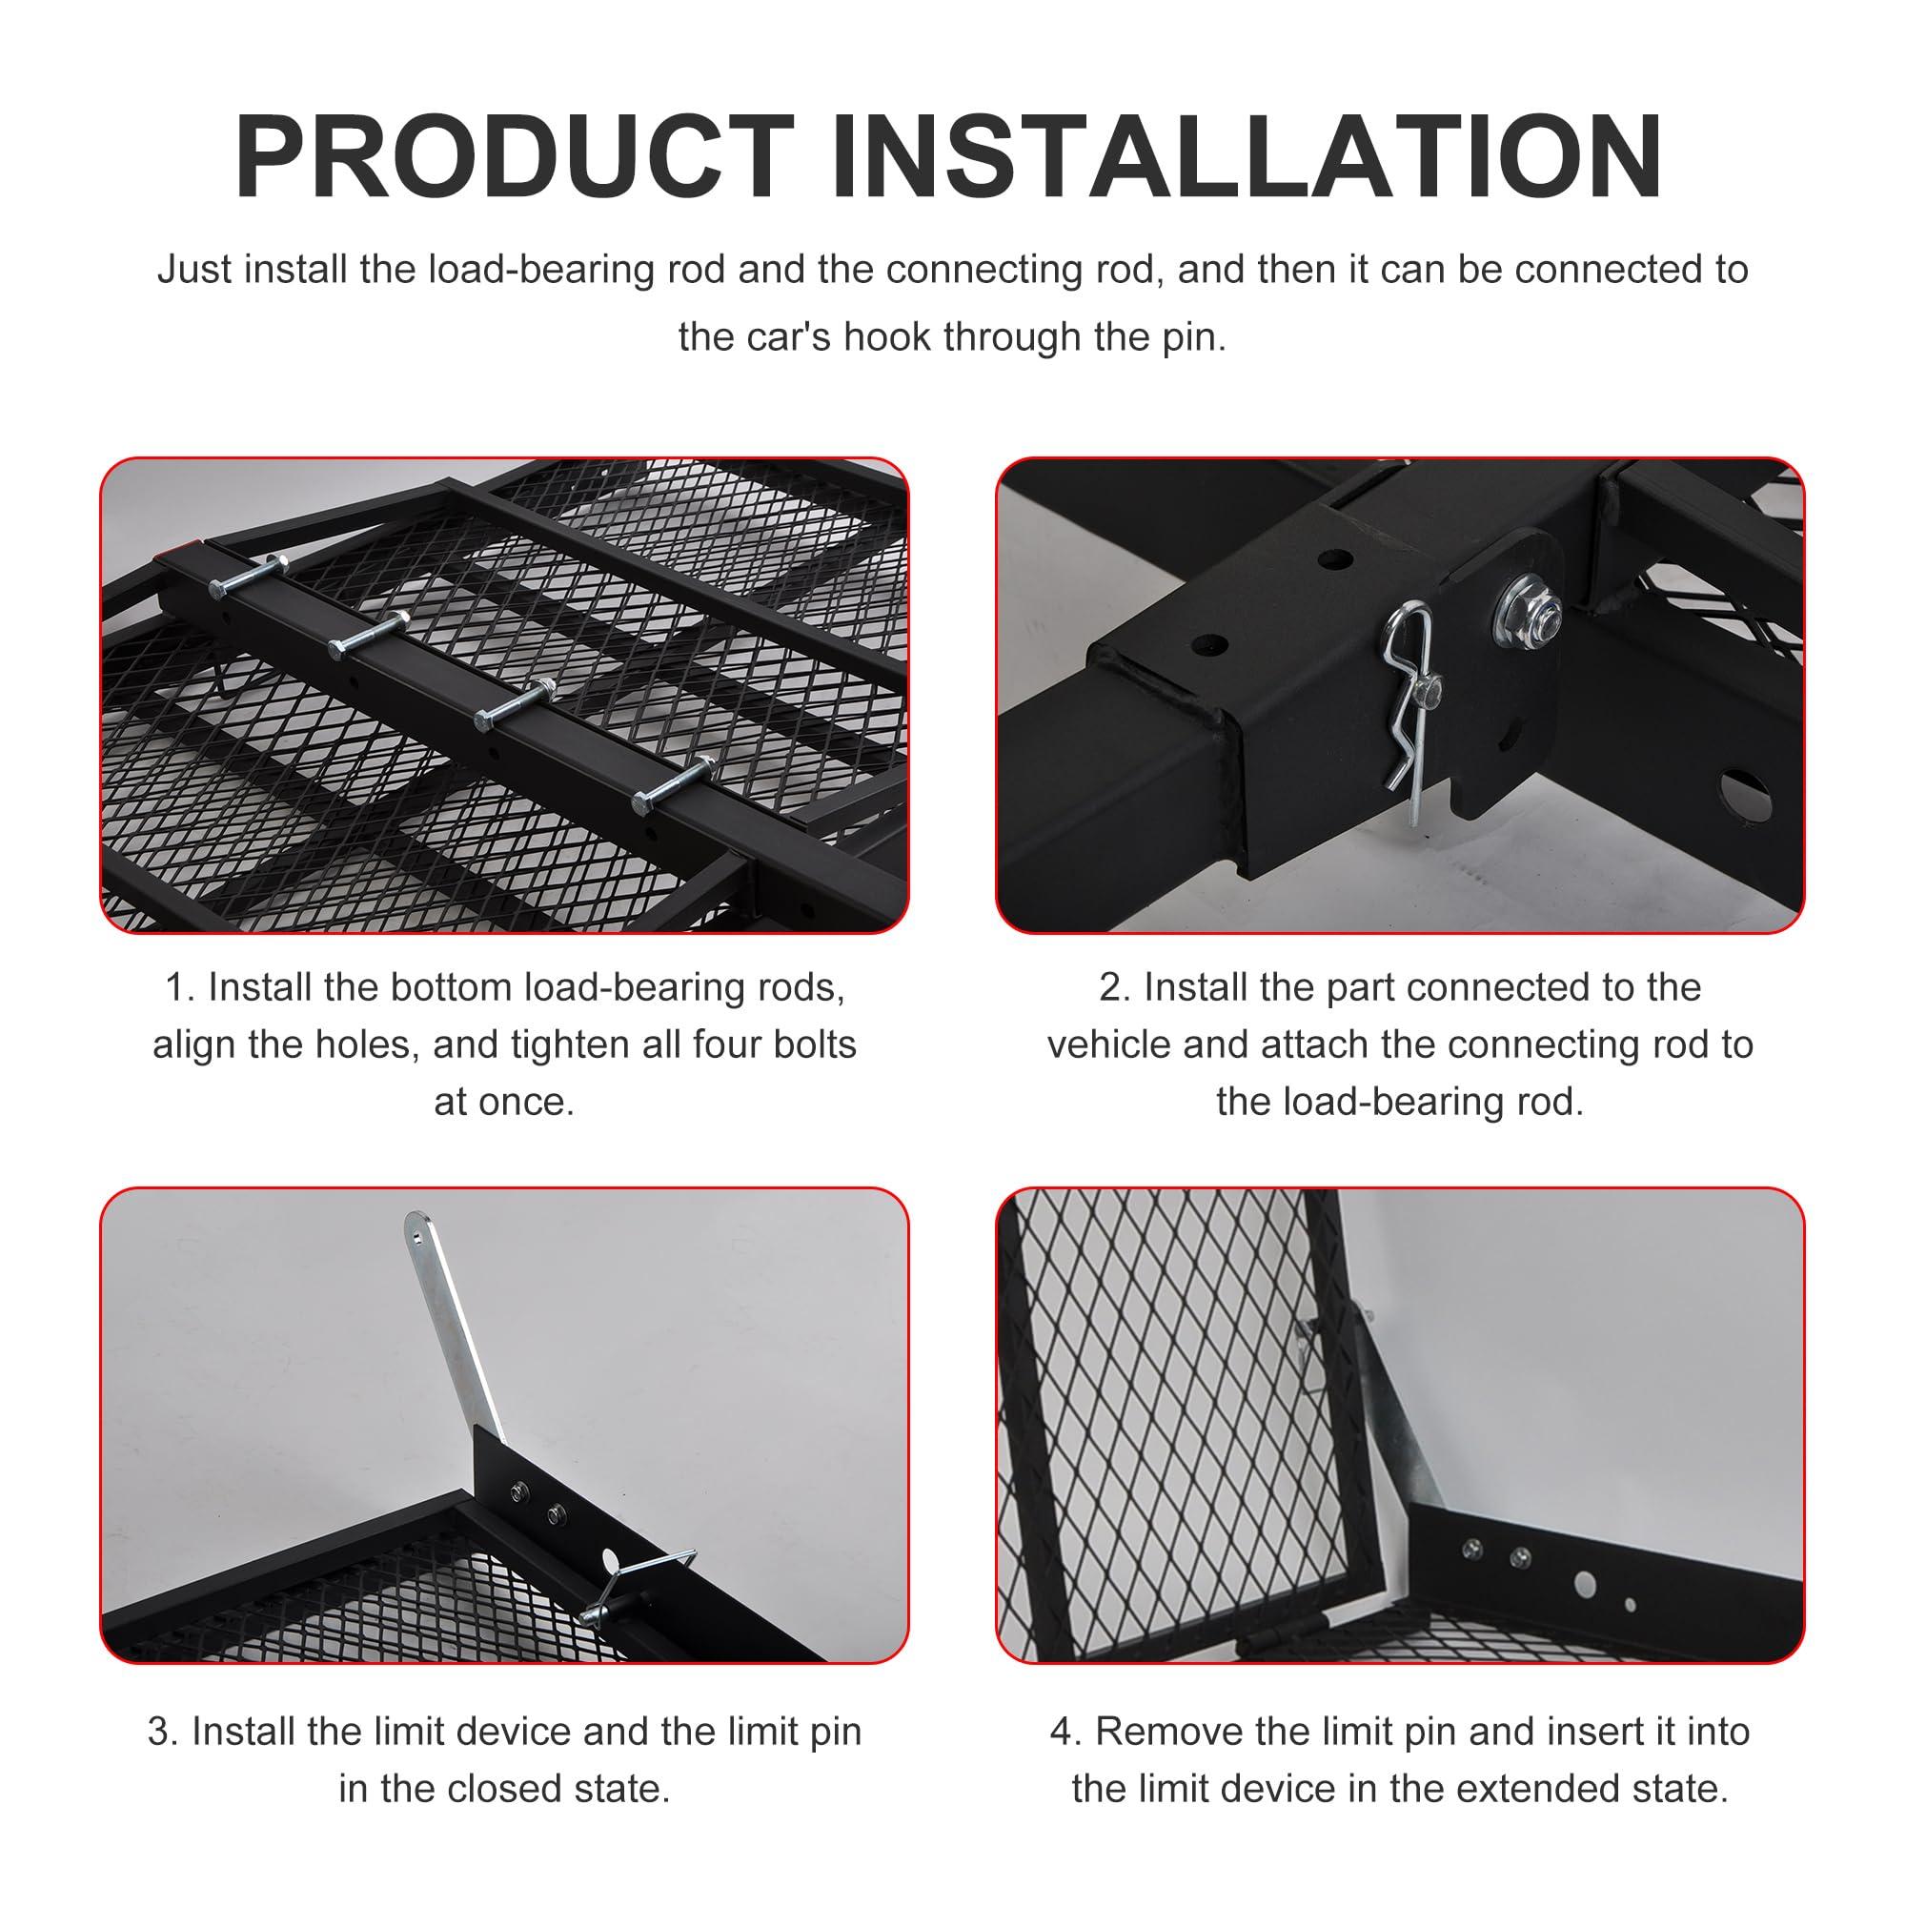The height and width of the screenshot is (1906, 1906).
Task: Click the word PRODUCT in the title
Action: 513,158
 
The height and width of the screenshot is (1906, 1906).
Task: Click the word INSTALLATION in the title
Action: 1247,158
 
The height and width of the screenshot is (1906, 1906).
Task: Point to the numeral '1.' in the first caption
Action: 180,987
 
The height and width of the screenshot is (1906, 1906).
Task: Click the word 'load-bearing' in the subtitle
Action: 540,270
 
